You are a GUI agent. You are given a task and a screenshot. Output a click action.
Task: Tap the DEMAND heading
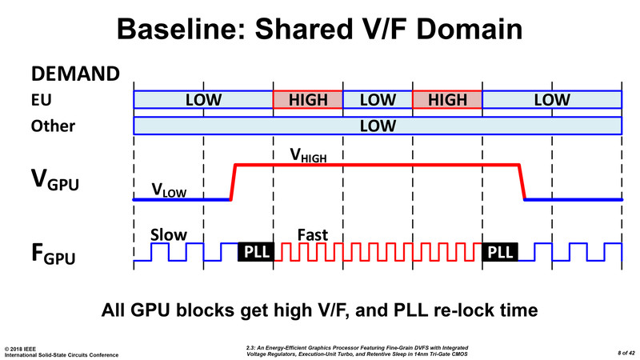pos(75,74)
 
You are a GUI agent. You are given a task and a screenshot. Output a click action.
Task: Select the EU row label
pos(42,100)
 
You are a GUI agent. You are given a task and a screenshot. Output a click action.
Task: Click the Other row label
pos(53,126)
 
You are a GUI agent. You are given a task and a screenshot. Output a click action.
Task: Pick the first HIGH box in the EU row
pos(308,99)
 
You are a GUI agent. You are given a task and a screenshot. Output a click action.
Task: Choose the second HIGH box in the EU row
pos(447,99)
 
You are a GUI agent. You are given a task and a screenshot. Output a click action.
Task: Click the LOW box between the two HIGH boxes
pos(378,99)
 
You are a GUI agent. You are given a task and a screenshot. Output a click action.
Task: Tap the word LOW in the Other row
pos(378,126)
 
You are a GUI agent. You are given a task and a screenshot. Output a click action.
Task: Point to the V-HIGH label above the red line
pos(308,155)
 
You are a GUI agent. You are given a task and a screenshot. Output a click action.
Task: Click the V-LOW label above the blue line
pos(169,190)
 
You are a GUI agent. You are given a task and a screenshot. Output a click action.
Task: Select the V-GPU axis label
pos(54,180)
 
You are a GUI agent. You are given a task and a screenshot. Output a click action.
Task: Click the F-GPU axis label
pos(54,254)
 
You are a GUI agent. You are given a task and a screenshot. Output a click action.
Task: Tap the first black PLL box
pos(256,252)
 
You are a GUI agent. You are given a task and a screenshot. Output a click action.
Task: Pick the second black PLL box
pos(500,252)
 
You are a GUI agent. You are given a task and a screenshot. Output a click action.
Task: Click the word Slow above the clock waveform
pos(169,235)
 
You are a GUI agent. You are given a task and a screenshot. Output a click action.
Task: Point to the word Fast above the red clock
pos(313,235)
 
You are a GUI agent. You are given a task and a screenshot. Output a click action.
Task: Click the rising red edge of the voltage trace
pos(233,182)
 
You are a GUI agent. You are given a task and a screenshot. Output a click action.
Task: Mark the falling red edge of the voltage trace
pos(522,182)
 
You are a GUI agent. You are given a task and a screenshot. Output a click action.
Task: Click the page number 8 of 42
pos(626,353)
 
